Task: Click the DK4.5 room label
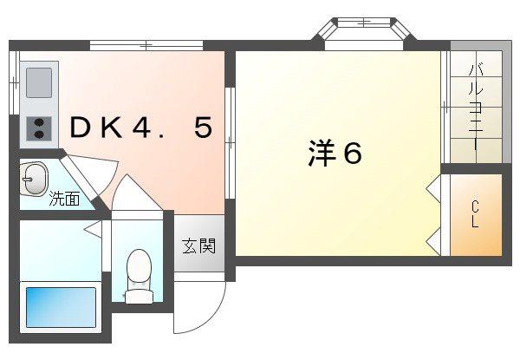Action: coord(141,128)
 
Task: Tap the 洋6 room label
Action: coord(335,153)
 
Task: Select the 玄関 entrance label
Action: coord(199,245)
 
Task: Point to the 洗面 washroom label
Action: coord(64,199)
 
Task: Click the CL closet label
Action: coord(475,214)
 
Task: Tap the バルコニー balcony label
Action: coord(476,108)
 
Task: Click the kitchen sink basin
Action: coord(39,82)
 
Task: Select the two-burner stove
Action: coord(39,128)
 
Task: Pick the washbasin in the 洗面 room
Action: coord(34,180)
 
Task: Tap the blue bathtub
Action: coord(61,307)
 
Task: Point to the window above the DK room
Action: coord(146,45)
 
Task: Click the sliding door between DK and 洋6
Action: coord(230,143)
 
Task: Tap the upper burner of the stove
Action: coord(39,122)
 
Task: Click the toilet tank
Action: coord(140,296)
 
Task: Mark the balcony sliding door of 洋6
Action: coord(445,107)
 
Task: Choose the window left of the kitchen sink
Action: coord(14,82)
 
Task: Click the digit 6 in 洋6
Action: coord(352,154)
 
